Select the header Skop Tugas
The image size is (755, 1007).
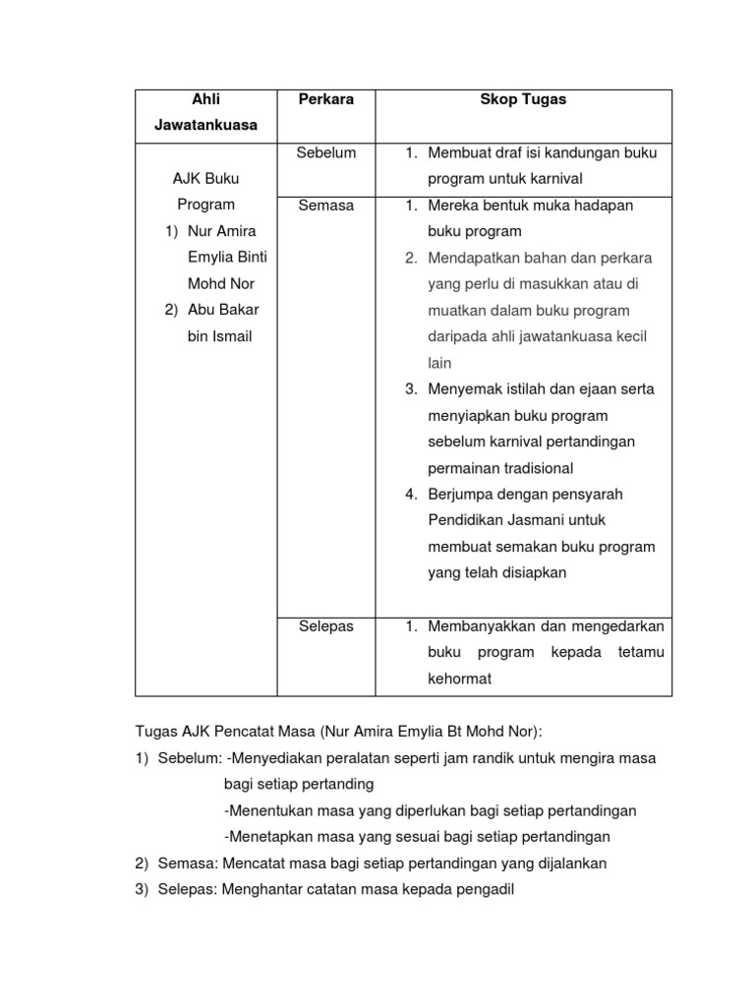click(x=523, y=100)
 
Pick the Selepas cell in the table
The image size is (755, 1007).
click(x=325, y=625)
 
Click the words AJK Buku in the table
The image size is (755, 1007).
click(x=206, y=179)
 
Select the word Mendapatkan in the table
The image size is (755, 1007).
click(x=469, y=258)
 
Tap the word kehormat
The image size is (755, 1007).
click(x=459, y=679)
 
